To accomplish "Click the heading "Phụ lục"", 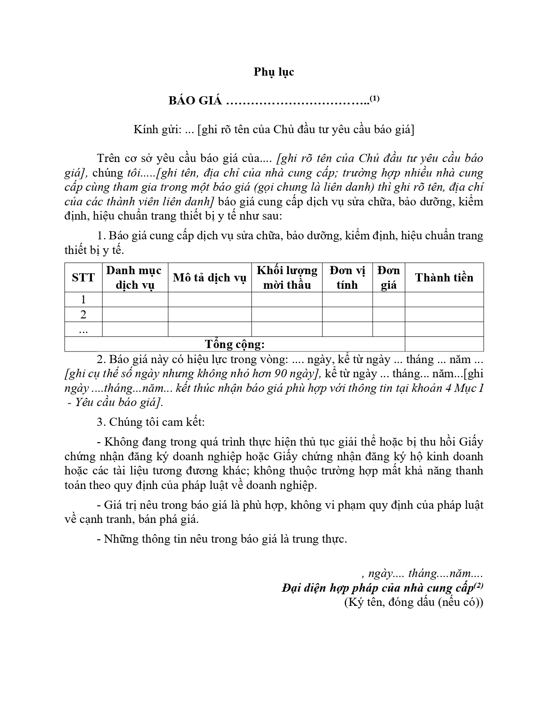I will click(273, 72).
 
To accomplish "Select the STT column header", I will click(83, 278).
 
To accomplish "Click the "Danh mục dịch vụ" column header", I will click(135, 278).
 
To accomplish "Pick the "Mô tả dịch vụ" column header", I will click(209, 278).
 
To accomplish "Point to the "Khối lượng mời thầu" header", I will click(287, 278).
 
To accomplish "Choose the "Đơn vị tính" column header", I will click(347, 278).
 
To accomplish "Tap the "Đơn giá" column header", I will click(389, 278).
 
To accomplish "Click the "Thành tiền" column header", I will click(444, 278).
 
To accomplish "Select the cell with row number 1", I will click(83, 299).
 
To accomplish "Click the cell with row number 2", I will click(83, 315).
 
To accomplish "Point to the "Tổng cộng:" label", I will click(235, 344).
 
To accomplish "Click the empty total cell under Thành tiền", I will click(444, 344).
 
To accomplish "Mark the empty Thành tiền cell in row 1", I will click(444, 299).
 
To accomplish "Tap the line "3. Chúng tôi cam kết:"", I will click(151, 422).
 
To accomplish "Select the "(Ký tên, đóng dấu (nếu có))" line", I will click(413, 602).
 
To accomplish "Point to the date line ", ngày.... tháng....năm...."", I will click(422, 573).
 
